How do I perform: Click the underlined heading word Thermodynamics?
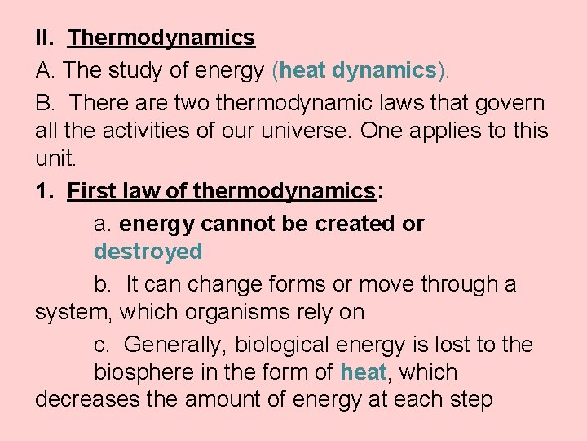161,38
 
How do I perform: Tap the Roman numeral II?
44,38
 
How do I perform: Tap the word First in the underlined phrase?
92,191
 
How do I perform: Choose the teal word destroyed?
148,252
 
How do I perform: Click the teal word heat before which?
364,372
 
